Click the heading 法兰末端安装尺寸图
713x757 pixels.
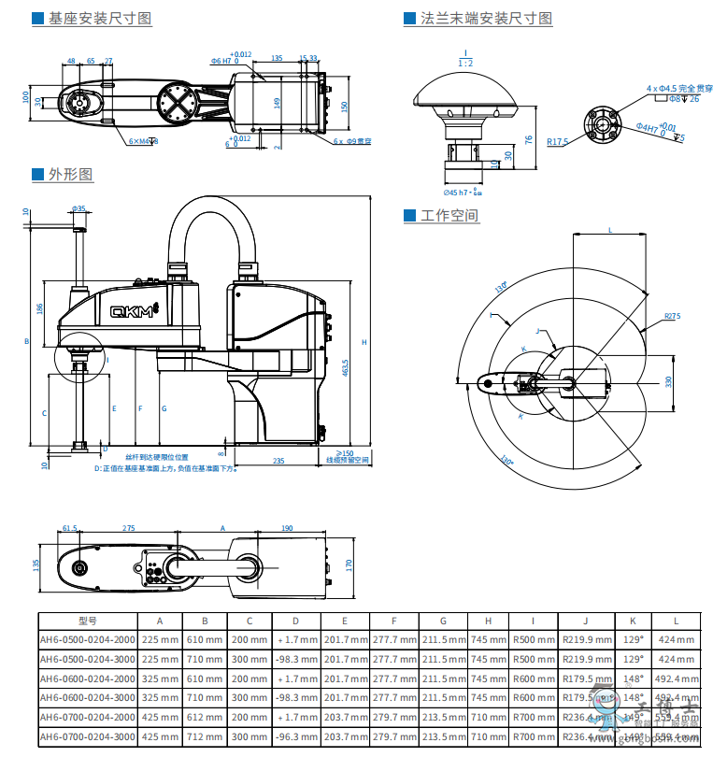click(x=485, y=19)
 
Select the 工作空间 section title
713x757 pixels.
click(x=449, y=216)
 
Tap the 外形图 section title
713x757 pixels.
click(x=71, y=175)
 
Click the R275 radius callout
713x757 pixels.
click(x=673, y=317)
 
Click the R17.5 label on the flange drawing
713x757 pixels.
click(x=558, y=142)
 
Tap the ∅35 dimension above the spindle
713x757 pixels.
click(x=78, y=208)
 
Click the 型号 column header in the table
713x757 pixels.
click(x=88, y=620)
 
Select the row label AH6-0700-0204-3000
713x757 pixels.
click(x=88, y=737)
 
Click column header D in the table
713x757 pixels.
click(x=296, y=620)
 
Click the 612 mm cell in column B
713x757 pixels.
click(x=205, y=718)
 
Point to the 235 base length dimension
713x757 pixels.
click(x=278, y=461)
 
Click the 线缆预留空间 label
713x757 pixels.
click(x=348, y=461)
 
